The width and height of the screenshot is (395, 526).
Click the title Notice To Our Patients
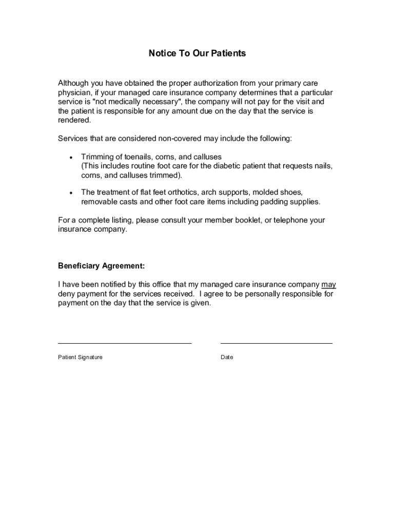tap(197, 53)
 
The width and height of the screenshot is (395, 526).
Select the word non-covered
tap(180, 139)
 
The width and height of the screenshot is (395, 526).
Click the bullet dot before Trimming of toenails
tap(69, 157)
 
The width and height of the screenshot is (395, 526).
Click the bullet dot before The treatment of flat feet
tap(69, 193)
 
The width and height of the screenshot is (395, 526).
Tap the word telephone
tap(290, 220)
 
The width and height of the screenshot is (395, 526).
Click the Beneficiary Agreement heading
tap(102, 266)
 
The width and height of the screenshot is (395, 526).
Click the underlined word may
tap(329, 285)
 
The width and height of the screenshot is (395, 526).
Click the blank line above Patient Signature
tap(125, 342)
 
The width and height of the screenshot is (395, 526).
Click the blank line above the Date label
tap(276, 342)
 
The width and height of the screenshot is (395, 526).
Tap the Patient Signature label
tap(80, 357)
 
